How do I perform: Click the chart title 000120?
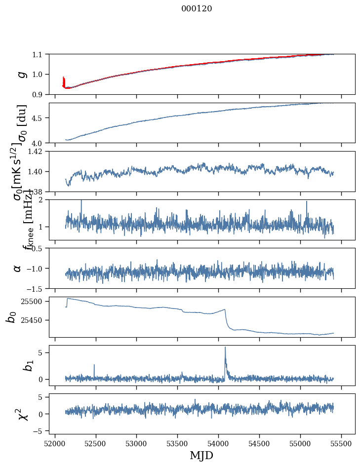click(x=197, y=9)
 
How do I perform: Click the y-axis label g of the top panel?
click(x=21, y=74)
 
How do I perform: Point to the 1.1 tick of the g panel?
click(x=39, y=54)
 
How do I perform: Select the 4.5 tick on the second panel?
click(x=39, y=118)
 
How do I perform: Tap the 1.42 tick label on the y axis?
click(x=37, y=152)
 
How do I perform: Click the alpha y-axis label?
click(x=18, y=268)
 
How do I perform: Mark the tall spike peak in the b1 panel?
click(x=225, y=347)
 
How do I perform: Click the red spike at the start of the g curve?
click(x=64, y=80)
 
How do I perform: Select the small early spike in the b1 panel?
click(x=94, y=365)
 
